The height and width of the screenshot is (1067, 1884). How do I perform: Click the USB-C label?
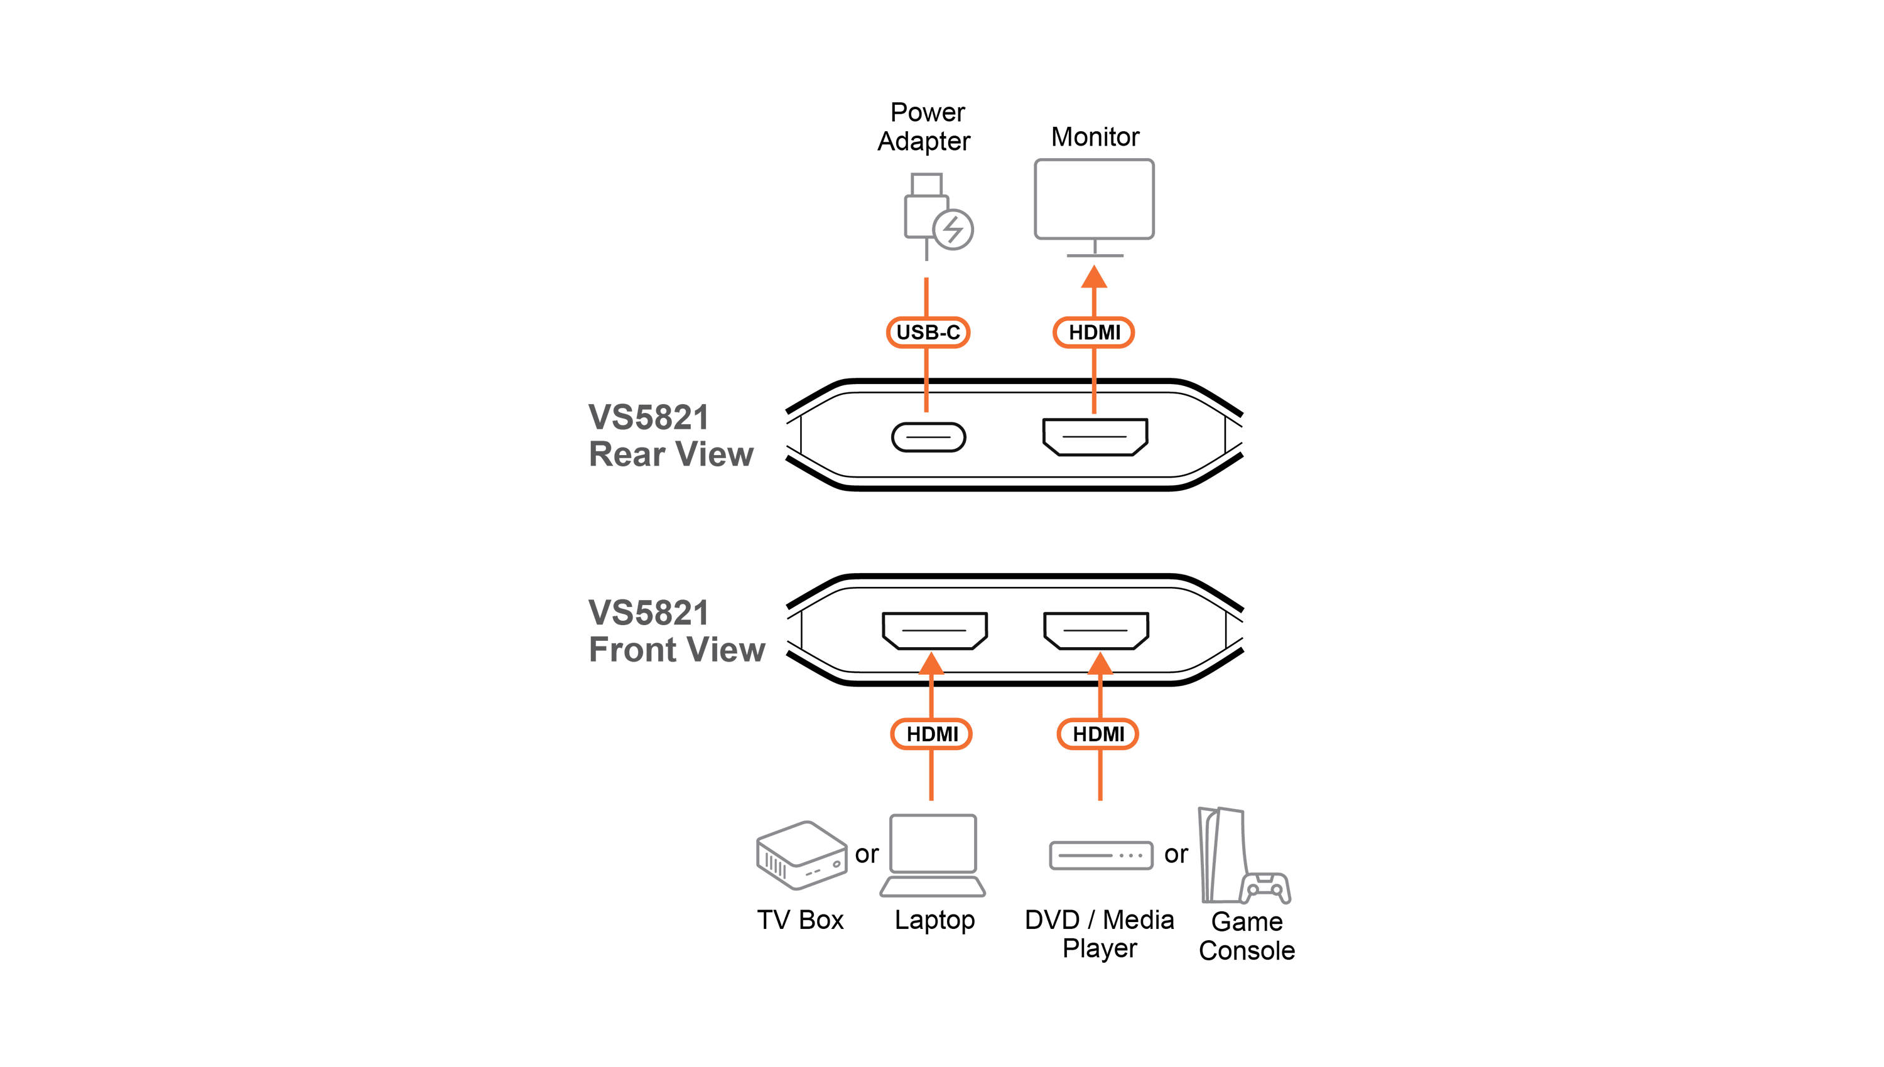928,332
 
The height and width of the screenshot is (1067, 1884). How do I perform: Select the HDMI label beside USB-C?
1094,332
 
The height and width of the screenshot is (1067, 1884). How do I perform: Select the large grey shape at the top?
1026,213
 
